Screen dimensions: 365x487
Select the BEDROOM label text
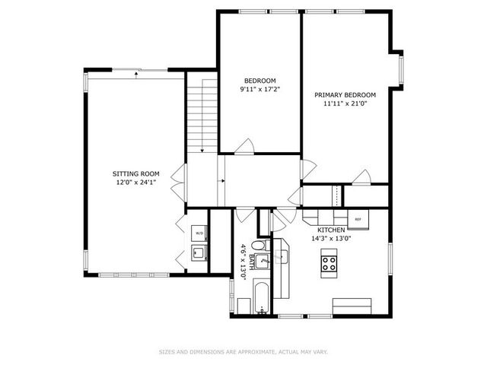point(259,81)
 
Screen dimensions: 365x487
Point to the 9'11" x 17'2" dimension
point(259,90)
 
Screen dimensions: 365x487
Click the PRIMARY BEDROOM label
point(346,95)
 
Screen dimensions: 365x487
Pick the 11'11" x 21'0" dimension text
point(346,105)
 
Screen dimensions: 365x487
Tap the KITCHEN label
point(332,230)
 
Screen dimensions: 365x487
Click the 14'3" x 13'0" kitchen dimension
point(332,239)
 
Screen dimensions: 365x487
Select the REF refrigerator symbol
point(358,219)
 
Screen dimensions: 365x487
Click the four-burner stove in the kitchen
point(330,264)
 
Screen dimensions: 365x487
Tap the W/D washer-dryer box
point(199,233)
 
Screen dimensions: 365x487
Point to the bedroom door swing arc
point(245,144)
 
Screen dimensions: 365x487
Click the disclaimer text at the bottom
point(243,351)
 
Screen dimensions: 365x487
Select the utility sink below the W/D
point(199,252)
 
